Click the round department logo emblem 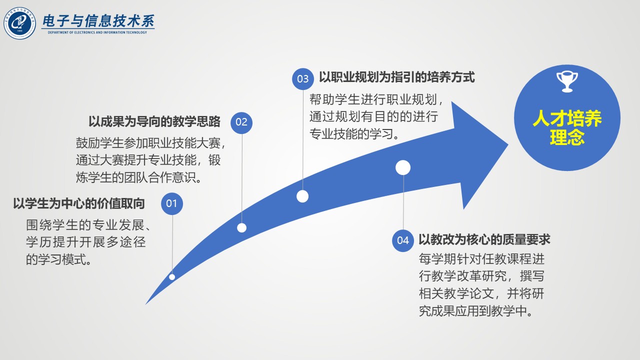coord(19,23)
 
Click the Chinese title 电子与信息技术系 coord(98,21)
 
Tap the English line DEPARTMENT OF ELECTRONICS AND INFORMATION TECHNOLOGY coord(97,32)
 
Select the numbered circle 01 coord(171,203)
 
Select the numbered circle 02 coord(241,122)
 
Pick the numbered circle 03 coord(303,79)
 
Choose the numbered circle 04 coord(403,240)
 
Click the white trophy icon coord(567,81)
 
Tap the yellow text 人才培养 coord(567,118)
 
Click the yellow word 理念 coord(567,137)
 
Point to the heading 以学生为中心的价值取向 coord(79,203)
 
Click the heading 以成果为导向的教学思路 coord(154,121)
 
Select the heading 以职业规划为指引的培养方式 coord(397,77)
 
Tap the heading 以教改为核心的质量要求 coord(484,239)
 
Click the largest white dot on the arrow coord(403,167)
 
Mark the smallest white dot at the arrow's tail coord(172,277)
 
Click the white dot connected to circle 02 coord(241,227)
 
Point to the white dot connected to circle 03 coord(302,196)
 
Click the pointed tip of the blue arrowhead coord(508,145)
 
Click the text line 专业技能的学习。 coord(354,134)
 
